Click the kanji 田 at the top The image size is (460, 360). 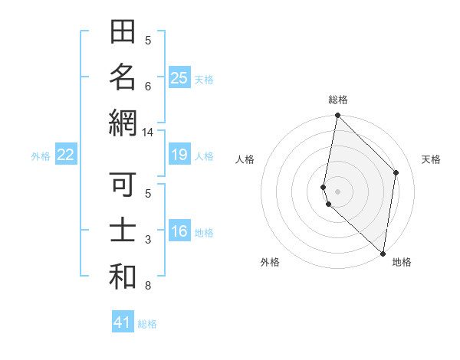123,34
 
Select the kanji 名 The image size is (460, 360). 123,78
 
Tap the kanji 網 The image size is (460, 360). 123,123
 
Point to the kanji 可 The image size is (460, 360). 123,186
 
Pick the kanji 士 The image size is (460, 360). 123,231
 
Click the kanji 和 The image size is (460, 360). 123,276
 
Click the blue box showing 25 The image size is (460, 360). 179,78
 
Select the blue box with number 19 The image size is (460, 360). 179,155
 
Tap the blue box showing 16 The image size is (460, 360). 179,231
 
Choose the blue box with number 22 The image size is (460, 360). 65,155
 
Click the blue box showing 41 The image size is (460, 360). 123,322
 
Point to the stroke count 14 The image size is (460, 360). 147,132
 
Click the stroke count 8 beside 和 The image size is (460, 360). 147,286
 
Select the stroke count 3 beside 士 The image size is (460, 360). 147,240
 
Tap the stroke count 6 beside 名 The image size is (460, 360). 147,87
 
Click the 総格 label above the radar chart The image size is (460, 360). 337,100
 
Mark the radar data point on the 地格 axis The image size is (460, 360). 383,254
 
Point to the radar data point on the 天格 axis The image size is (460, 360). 396,172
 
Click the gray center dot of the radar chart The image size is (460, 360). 337,191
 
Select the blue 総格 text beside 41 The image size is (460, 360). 147,324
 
